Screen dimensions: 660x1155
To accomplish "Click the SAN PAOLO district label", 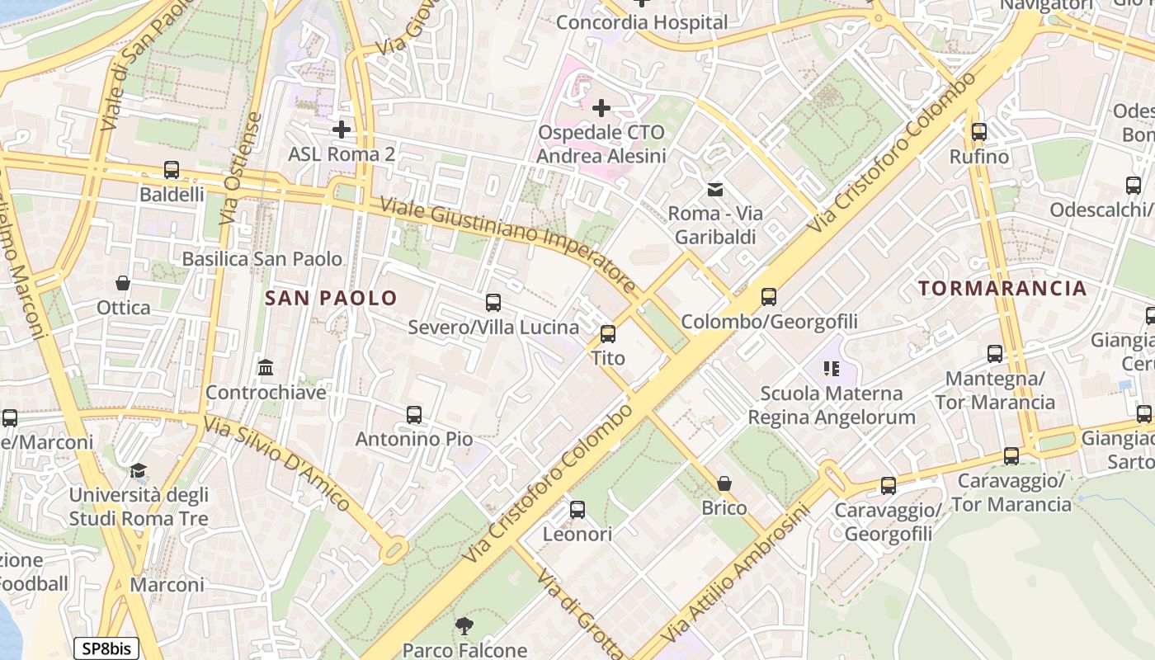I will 331,298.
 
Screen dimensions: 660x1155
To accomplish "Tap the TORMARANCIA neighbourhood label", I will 1002,288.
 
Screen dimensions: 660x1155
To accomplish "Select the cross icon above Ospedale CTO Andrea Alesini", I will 601,107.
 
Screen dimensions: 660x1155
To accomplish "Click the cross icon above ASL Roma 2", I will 342,130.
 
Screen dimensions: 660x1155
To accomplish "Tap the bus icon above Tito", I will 608,333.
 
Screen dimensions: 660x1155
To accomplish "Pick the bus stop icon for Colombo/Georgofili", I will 769,296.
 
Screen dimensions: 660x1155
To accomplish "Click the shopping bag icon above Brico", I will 724,483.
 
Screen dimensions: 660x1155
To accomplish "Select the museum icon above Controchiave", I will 266,367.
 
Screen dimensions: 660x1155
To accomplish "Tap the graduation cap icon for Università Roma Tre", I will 139,471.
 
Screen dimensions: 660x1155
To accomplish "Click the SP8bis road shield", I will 106,648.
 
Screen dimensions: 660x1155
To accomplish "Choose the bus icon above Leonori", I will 577,510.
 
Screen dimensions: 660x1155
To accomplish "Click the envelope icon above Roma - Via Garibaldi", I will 715,190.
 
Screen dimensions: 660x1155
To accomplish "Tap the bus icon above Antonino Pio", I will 414,415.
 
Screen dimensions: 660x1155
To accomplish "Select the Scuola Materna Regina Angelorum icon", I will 831,369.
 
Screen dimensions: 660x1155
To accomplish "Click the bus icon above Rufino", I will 979,132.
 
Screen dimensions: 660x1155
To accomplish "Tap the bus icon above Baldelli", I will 172,170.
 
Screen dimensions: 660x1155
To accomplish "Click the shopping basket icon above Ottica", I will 123,283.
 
